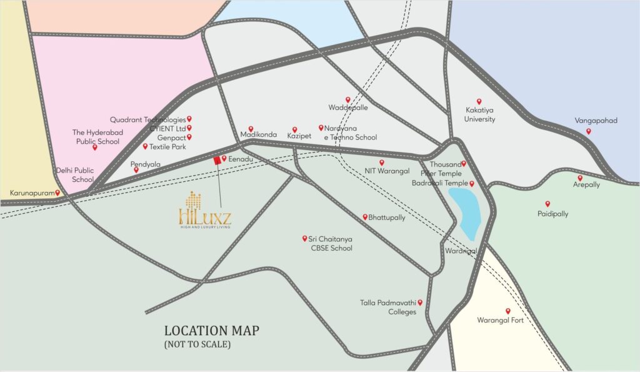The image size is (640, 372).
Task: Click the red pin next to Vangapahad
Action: coord(588,131)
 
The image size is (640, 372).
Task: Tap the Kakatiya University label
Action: coord(480,114)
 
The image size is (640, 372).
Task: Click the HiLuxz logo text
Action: coord(204,216)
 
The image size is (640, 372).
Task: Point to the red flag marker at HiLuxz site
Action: coord(217,161)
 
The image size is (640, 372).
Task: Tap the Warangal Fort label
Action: coord(500,321)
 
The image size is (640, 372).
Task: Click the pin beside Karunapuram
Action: coord(57,193)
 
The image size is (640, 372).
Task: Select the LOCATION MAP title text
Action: coord(211,331)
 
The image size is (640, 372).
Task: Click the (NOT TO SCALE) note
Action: coord(197,344)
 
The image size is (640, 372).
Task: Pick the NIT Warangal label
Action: coord(387,171)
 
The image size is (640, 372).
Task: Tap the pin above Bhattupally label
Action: coord(365,217)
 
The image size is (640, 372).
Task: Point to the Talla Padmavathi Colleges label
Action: coord(387,307)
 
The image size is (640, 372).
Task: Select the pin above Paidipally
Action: coord(547,204)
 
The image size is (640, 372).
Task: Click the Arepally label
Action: coord(586,185)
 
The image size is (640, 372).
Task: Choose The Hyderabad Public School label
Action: coord(96,136)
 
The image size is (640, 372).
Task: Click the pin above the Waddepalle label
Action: coord(348,99)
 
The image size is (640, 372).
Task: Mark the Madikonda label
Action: coord(258,135)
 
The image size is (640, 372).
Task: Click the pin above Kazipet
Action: coord(294,129)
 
